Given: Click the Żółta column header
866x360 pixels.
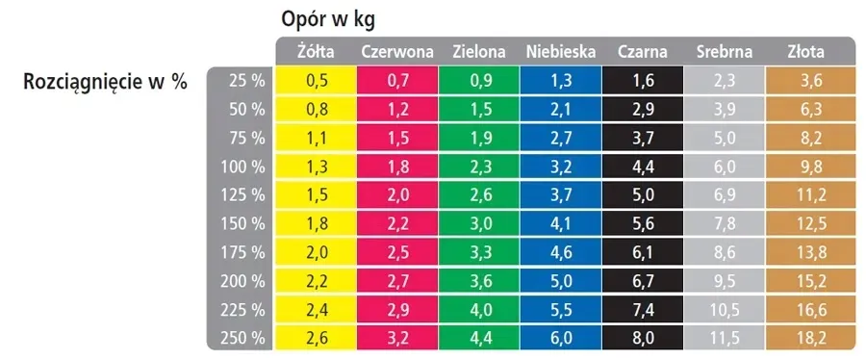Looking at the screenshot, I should coord(314,52).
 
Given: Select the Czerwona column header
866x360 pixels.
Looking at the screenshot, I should coord(397,52).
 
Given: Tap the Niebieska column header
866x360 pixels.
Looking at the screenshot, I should coord(561,52).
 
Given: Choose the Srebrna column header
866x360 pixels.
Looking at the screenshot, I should coord(725,52).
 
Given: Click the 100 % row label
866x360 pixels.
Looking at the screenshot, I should coord(242,167).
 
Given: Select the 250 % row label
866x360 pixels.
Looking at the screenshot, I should coord(242,338).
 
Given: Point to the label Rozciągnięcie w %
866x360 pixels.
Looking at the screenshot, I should coord(105,83).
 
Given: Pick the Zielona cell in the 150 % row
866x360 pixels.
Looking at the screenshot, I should coord(479,224).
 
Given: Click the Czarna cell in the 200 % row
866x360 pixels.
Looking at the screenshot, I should coord(643,281).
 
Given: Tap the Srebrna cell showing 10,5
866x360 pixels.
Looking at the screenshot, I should coord(725,310).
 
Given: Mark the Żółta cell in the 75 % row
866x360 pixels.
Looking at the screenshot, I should coord(316,139).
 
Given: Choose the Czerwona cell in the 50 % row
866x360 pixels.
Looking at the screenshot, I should coord(397,110).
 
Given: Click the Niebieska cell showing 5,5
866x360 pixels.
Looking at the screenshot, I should coord(561,310).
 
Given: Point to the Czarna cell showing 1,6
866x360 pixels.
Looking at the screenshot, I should coord(643,82).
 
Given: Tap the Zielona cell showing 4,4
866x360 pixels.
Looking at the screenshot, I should coord(479,338).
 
